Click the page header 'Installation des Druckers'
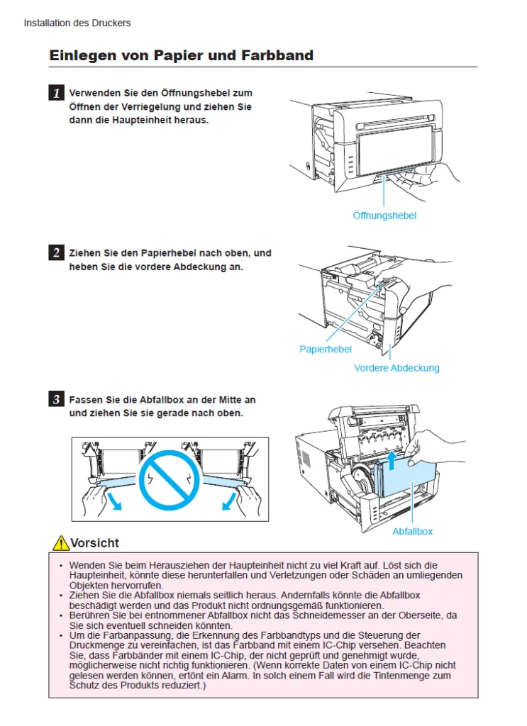[77, 23]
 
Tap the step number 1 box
[56, 93]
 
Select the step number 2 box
[56, 253]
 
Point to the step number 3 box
[56, 400]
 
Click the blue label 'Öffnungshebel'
[384, 216]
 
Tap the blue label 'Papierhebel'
[326, 350]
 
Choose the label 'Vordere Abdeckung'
[396, 368]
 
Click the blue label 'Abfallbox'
[412, 531]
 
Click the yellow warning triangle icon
[61, 543]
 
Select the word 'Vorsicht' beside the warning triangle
[95, 543]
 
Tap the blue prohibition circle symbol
[170, 479]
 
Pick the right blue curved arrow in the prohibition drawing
[227, 501]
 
